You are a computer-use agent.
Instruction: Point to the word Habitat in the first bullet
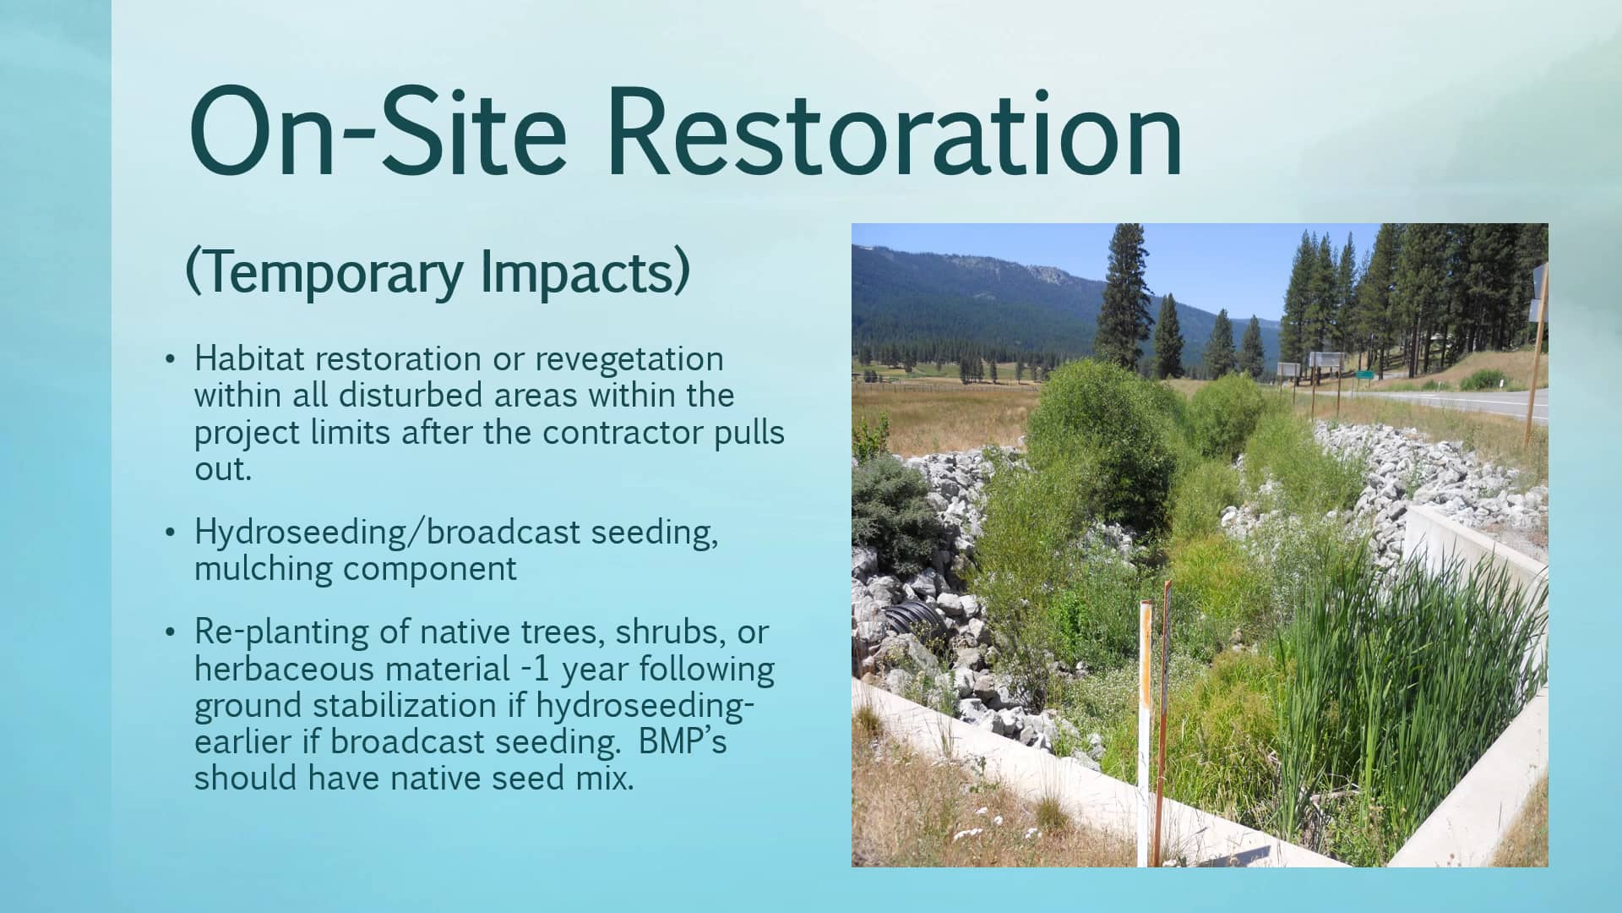pos(248,358)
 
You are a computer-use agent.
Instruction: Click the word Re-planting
pos(301,632)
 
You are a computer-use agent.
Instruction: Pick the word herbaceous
pos(285,669)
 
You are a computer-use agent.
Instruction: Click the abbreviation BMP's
pos(683,741)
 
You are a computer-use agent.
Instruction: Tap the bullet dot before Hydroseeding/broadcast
pos(171,533)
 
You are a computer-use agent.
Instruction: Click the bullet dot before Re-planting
pos(171,632)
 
